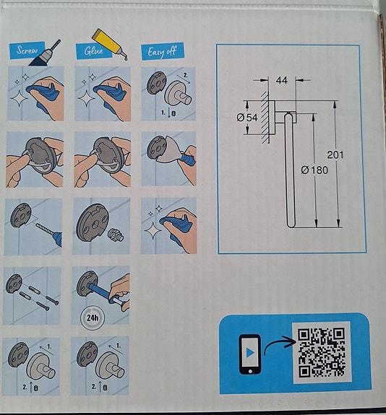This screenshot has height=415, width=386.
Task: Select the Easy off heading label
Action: (x=161, y=51)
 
